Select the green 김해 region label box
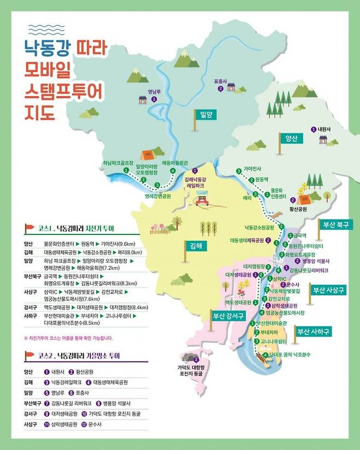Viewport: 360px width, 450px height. [194, 246]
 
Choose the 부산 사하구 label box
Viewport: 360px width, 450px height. [313, 332]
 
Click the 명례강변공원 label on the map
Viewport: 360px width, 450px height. [158, 195]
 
